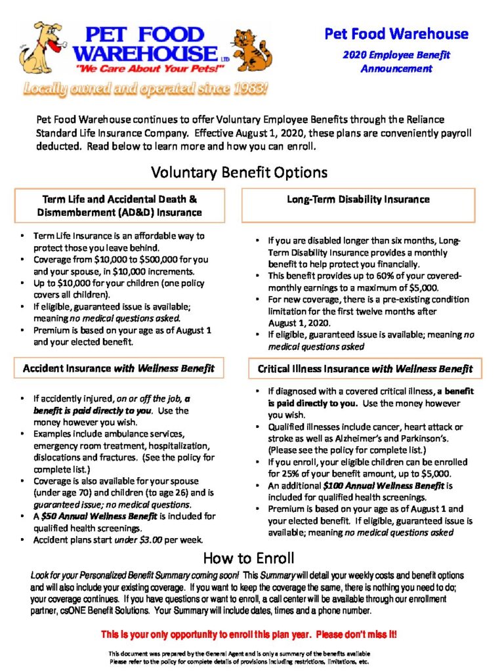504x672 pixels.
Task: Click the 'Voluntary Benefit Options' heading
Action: [x=239, y=173]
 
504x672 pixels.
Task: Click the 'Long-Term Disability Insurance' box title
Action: [x=358, y=199]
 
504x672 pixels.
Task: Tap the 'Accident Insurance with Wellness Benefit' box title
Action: [x=119, y=368]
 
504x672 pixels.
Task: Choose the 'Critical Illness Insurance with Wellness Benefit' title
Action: [x=361, y=369]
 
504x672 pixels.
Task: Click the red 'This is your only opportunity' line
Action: [x=249, y=635]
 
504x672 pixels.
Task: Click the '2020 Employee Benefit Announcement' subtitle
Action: [x=396, y=62]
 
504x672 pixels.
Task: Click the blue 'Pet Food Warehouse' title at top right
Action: [x=396, y=33]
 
